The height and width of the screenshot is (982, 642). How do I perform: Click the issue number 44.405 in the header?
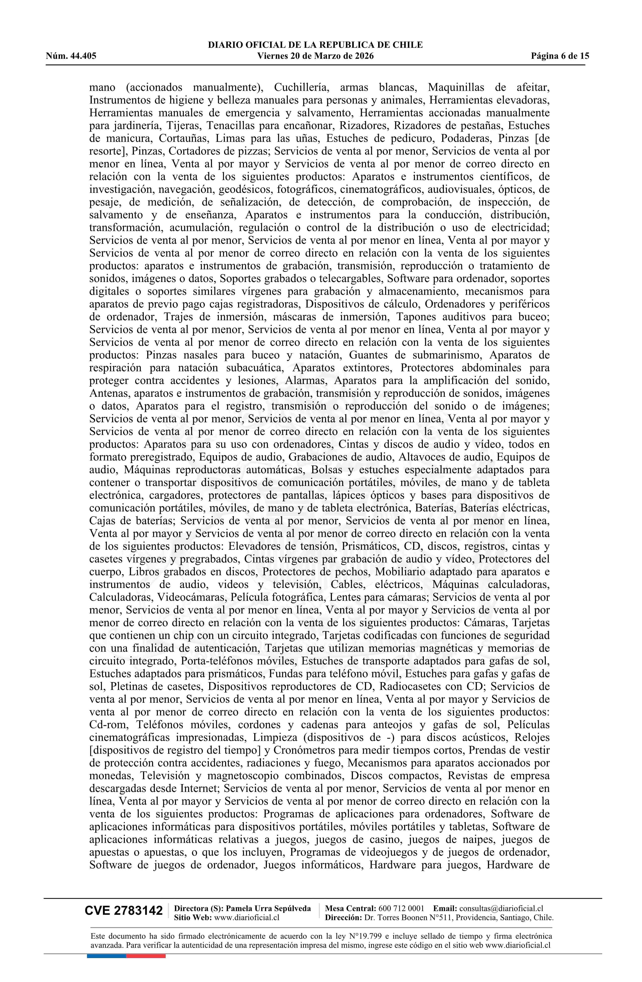click(x=83, y=56)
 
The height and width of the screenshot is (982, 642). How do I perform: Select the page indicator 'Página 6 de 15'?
click(x=560, y=56)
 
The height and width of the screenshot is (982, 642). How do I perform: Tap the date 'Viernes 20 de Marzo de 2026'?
click(x=315, y=56)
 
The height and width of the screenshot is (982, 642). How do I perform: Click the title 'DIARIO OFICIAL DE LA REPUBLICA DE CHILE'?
click(x=315, y=45)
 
